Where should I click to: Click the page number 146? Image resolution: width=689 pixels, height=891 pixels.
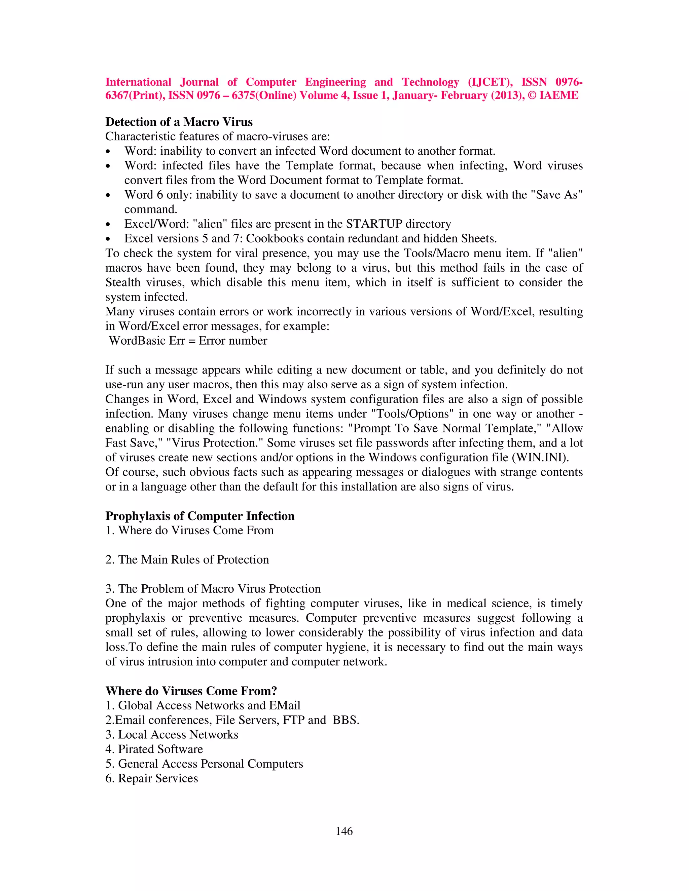click(x=344, y=831)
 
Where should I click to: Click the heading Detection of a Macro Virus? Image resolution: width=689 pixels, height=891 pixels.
click(x=179, y=122)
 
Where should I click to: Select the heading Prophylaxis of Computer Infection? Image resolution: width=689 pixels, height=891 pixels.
click(x=200, y=516)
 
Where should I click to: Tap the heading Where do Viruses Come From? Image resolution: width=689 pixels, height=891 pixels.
click(x=191, y=691)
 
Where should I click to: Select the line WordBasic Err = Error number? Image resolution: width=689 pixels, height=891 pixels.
click(x=188, y=341)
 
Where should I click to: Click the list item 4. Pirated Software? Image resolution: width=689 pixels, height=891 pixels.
click(x=154, y=749)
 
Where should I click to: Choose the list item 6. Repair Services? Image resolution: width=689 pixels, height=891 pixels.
click(x=151, y=778)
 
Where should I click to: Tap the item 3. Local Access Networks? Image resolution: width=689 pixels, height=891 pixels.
click(x=172, y=734)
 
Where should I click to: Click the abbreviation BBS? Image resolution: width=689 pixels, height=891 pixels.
click(x=345, y=720)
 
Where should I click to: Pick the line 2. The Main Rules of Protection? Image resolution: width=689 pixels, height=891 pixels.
click(x=187, y=559)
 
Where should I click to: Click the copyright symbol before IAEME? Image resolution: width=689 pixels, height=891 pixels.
click(x=532, y=95)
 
